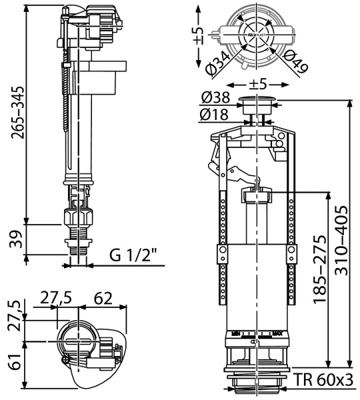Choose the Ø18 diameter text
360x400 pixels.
tap(215, 115)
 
